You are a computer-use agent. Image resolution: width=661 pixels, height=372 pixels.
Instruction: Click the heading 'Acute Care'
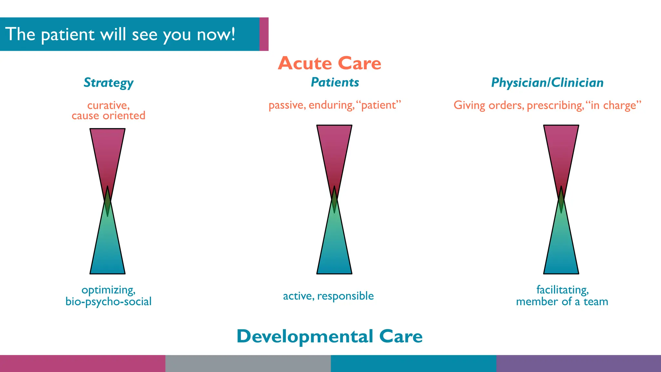(330, 63)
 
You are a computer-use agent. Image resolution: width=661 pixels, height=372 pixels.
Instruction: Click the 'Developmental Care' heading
(330, 336)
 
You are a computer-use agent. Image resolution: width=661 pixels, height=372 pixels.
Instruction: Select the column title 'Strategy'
(108, 83)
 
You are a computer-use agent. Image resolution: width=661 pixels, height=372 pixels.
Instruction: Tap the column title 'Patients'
(335, 82)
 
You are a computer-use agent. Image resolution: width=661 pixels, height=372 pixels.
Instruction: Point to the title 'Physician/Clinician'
(547, 83)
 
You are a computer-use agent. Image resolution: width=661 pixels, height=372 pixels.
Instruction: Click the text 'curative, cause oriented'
(108, 110)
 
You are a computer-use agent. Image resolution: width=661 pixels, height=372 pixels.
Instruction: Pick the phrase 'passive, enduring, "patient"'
(335, 105)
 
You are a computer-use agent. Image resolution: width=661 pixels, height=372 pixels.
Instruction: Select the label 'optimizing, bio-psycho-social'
(108, 295)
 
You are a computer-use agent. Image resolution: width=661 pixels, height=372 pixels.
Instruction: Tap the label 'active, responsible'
(328, 296)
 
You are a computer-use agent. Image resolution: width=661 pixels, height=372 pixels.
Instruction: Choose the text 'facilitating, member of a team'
(562, 295)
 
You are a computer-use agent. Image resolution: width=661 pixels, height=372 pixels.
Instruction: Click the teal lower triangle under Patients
(334, 249)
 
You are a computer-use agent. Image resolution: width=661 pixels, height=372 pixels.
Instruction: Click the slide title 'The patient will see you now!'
(120, 34)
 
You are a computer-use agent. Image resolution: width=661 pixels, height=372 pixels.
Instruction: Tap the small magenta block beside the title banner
(264, 34)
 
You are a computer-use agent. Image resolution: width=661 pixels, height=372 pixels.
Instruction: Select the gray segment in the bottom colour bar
(248, 364)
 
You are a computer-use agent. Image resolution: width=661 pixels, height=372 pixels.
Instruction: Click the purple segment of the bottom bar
(578, 364)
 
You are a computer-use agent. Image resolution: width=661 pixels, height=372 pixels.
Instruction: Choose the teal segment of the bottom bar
(413, 364)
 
